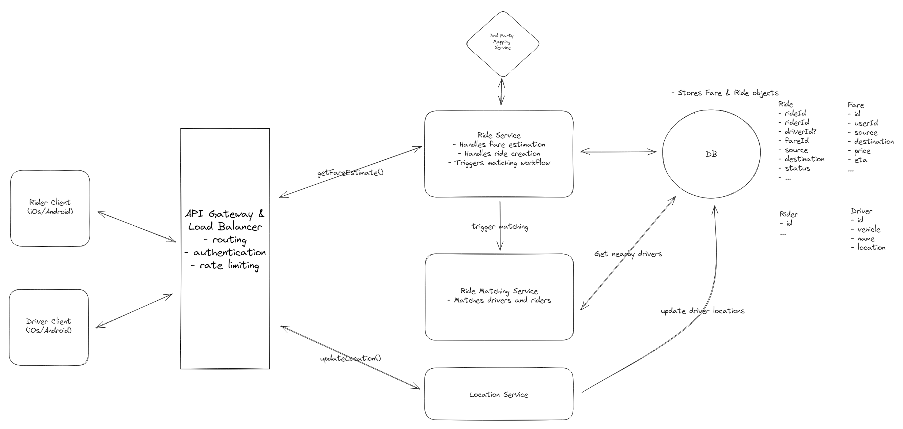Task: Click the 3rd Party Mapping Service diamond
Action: pos(502,44)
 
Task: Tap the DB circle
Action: pos(711,154)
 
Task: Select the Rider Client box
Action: pos(50,208)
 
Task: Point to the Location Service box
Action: pos(499,394)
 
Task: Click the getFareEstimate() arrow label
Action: pos(350,173)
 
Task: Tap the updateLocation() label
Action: pos(350,358)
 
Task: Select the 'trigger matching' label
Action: pos(500,227)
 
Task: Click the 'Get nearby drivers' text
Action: pos(628,254)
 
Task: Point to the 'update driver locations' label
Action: pos(702,311)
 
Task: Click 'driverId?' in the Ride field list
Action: pos(800,131)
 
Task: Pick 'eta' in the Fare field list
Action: pos(861,160)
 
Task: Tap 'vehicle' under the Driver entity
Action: pos(869,230)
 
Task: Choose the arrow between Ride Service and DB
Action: pos(618,151)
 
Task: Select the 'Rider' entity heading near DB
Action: pos(789,214)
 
